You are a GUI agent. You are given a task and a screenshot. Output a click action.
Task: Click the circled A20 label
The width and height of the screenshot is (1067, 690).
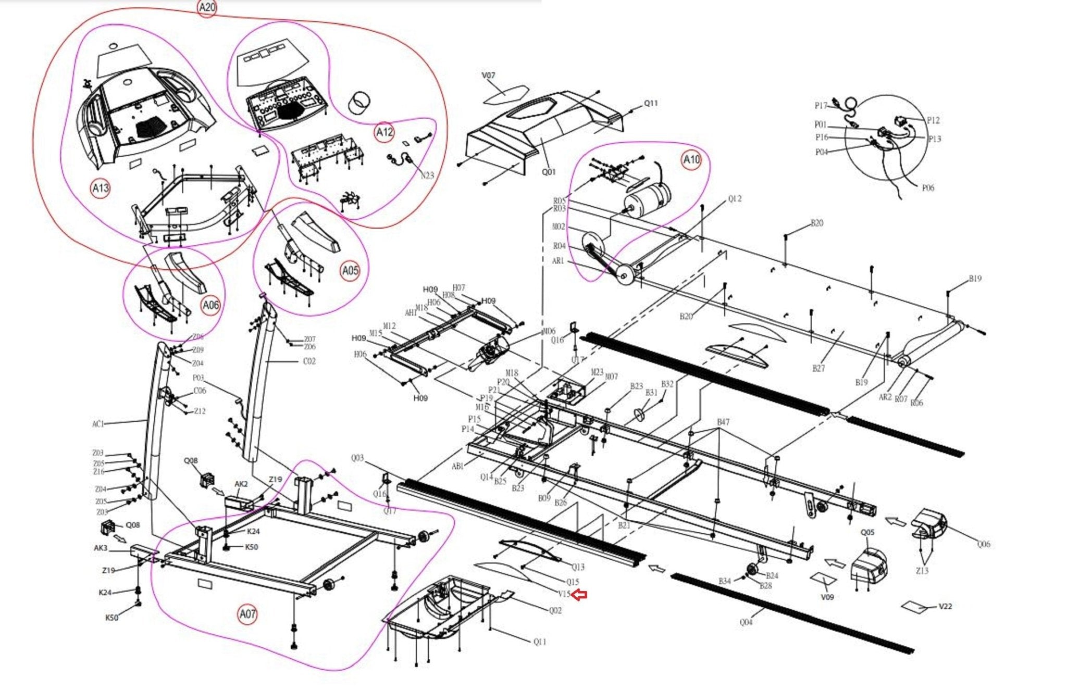207,7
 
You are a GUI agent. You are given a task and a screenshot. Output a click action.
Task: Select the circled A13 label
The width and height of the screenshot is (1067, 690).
101,188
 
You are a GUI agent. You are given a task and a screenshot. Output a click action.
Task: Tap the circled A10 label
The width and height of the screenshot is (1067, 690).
691,159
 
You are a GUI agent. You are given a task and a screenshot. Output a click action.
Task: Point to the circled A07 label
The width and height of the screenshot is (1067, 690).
247,614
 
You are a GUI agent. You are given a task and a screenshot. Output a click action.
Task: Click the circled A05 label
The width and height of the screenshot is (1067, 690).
350,270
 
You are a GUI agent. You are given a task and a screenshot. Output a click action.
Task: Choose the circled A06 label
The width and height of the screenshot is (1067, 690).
210,305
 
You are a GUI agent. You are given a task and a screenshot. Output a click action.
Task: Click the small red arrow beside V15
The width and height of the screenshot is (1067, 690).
580,594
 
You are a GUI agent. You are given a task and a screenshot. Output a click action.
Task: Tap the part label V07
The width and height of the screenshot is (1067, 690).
488,76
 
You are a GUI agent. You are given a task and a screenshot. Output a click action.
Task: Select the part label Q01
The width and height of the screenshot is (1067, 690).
549,172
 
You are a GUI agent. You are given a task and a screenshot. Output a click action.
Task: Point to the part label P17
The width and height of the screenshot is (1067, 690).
821,106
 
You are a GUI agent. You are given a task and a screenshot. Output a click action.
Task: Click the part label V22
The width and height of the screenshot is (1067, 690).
945,606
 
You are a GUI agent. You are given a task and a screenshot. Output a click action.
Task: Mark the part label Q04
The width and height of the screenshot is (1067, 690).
746,622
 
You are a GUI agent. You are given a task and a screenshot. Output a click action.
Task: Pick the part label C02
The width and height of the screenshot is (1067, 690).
309,361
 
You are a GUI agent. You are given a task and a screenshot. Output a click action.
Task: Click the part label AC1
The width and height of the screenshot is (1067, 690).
98,424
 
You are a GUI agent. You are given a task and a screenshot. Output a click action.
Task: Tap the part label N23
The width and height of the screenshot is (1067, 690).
427,175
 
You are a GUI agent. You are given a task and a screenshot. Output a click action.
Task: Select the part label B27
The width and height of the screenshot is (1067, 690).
818,368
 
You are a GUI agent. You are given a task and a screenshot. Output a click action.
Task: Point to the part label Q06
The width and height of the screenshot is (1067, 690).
983,544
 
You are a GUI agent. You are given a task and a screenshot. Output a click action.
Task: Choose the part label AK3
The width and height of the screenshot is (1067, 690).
101,548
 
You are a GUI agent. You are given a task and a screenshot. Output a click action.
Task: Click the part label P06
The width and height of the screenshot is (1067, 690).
928,188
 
